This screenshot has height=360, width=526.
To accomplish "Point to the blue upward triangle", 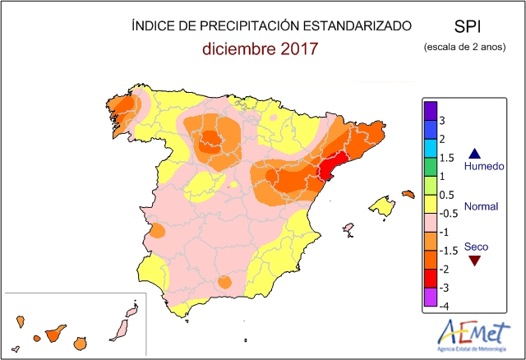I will coord(473,153).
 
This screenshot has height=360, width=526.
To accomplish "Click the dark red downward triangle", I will coord(473,260).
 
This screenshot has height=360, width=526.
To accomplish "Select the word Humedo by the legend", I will coord(483,166).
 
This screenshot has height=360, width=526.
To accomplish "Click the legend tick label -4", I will coord(444,306).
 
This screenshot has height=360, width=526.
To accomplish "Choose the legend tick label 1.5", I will coord(446,158).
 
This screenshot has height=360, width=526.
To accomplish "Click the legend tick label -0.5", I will coord(448,213).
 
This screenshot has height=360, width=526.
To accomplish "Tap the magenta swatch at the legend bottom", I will coord(429,296).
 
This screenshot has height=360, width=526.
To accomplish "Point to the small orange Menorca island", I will coord(408,194).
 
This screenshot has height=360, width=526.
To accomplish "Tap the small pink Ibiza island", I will coord(348,228).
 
